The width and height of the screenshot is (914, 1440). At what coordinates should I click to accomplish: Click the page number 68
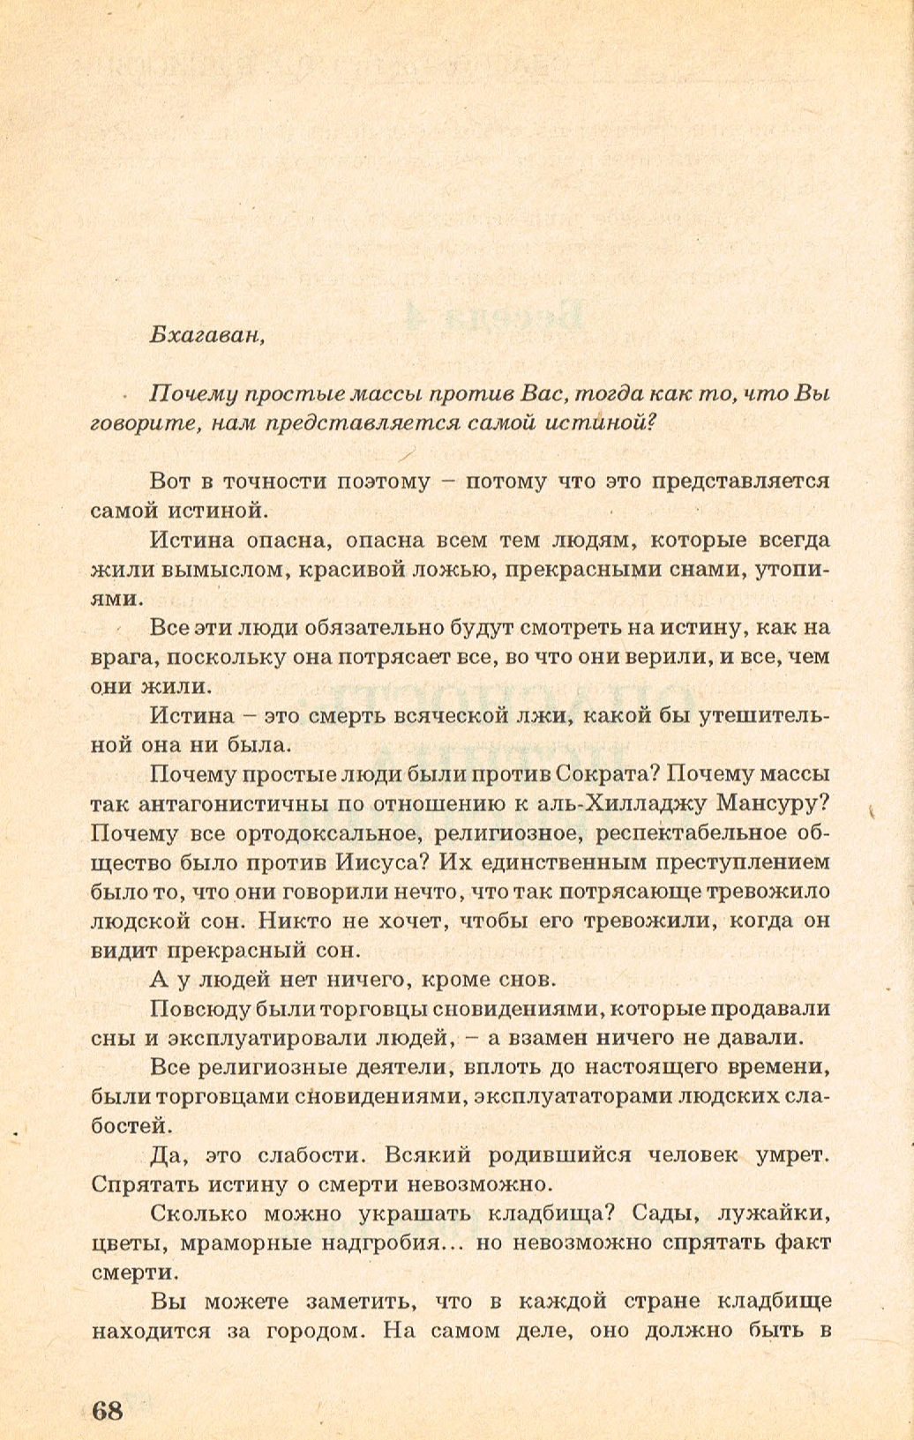108,1410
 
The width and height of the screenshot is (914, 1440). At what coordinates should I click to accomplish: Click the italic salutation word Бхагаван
206,336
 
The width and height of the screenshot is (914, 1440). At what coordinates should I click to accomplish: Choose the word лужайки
774,1213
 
